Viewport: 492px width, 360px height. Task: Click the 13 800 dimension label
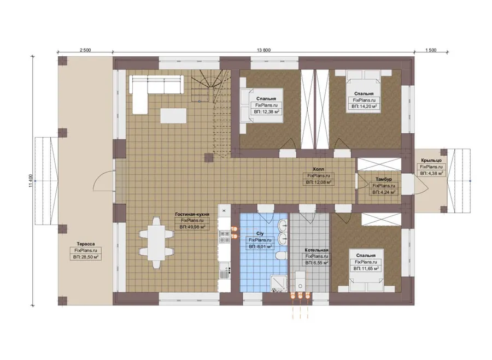263,50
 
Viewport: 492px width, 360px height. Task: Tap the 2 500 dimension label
85,50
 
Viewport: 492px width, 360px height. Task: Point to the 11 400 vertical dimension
31,181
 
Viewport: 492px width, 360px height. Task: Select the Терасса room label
86,244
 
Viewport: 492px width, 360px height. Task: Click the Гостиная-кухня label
192,214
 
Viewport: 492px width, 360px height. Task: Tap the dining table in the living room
156,243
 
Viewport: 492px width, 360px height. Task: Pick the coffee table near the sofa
173,116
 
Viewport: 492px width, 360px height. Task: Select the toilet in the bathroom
281,255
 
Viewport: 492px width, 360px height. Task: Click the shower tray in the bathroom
279,284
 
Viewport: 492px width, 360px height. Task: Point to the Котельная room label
317,250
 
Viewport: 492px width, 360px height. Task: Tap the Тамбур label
383,179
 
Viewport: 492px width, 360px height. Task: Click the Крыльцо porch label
431,160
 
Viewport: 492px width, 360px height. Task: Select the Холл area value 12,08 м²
319,182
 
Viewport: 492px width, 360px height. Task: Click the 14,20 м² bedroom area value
364,107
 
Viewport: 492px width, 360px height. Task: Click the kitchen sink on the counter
224,270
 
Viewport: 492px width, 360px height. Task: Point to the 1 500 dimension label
431,50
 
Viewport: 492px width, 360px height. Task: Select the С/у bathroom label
260,234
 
